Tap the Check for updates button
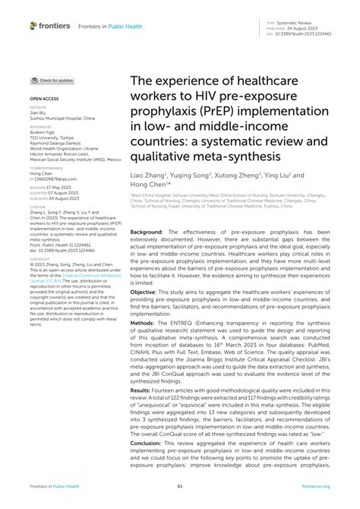[x=52, y=80]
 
